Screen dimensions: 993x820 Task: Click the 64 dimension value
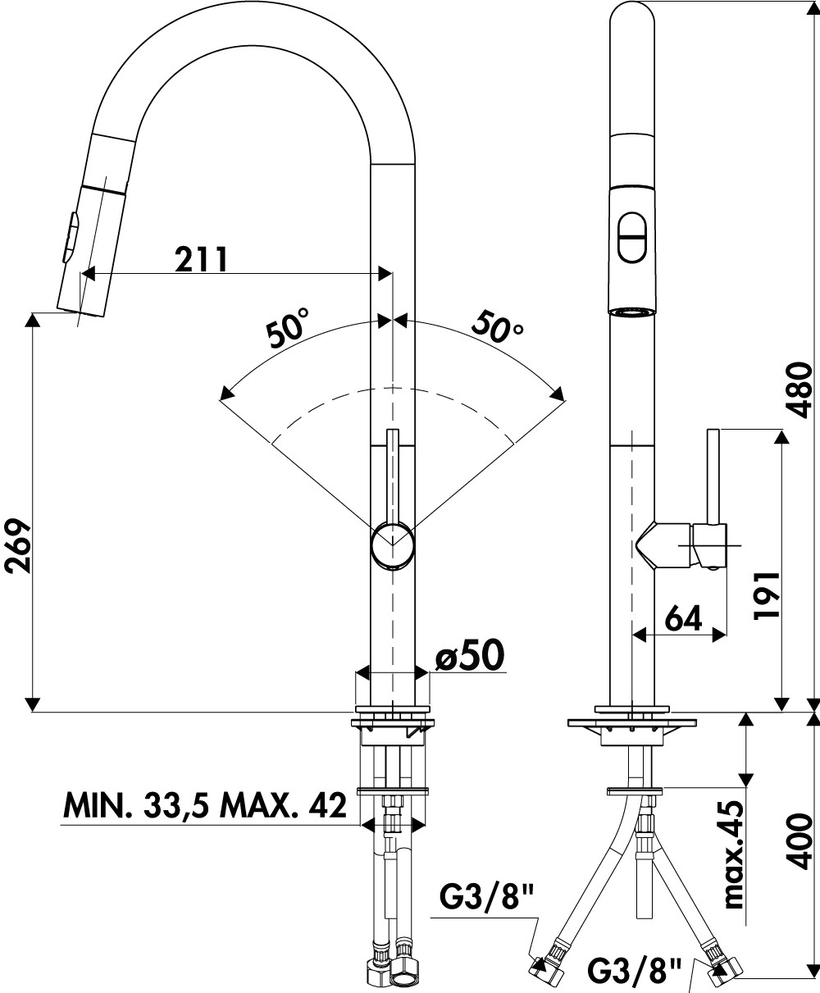[x=682, y=617]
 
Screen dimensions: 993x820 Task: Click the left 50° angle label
[x=286, y=329]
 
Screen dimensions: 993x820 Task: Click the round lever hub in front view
[x=394, y=546]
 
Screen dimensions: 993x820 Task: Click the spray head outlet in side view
[x=633, y=312]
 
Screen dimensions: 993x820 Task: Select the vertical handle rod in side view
[x=713, y=476]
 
